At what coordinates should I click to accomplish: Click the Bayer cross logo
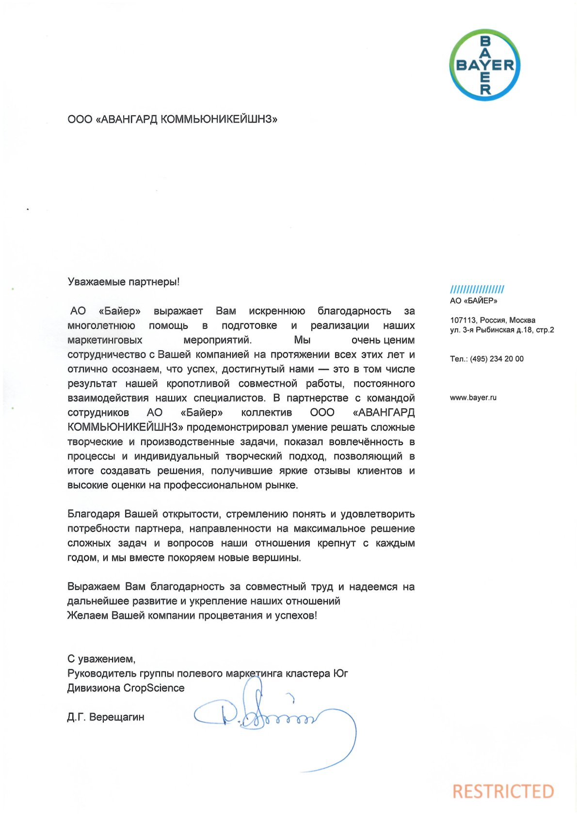484,65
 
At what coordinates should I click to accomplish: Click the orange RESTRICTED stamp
503,791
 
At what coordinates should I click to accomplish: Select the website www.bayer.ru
473,398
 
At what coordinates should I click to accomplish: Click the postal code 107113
463,320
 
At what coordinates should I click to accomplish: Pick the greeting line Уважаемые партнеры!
124,282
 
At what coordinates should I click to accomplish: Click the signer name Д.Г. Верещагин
106,717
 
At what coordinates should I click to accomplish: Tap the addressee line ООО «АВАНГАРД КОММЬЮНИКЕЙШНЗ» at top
172,119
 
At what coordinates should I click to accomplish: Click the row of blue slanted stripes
477,290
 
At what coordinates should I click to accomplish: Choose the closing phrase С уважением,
101,659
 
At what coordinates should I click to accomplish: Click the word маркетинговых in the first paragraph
105,340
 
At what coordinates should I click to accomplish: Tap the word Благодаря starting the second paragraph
94,514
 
